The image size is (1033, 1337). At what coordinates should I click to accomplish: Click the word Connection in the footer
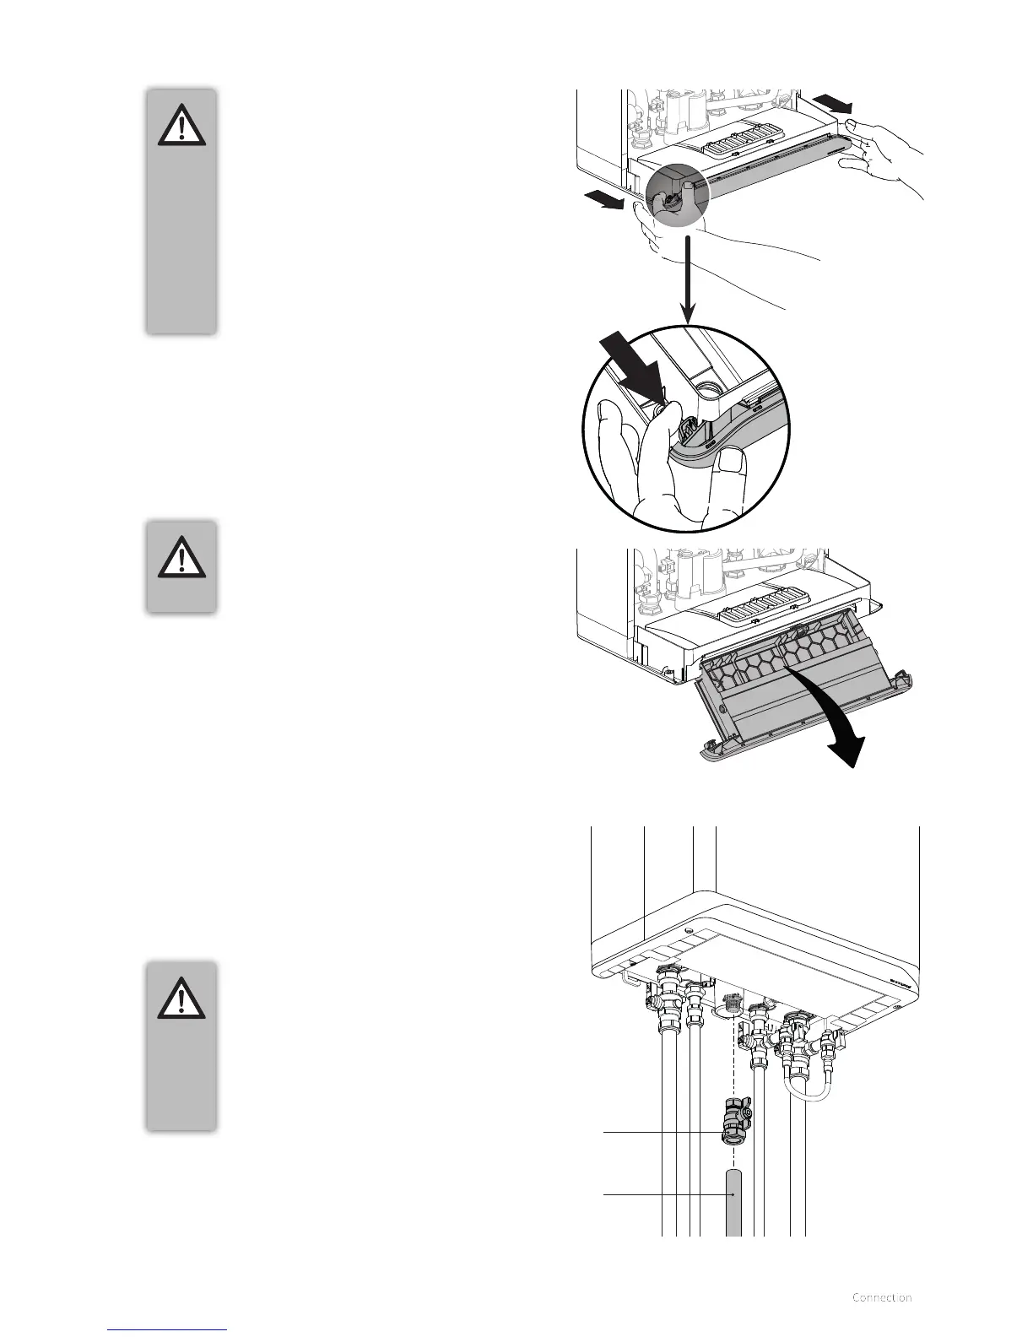click(x=882, y=1297)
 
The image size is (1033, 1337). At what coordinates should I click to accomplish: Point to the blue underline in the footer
click(x=168, y=1329)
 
